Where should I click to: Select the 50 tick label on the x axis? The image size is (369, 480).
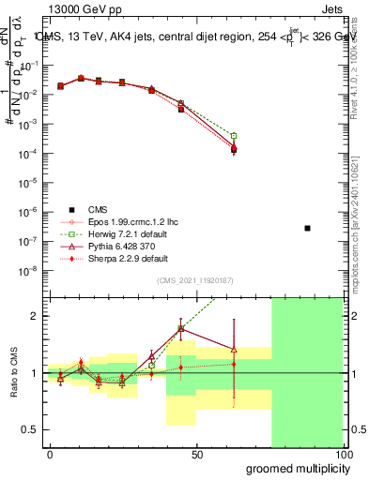[196, 455]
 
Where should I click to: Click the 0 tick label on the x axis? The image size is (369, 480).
[50, 455]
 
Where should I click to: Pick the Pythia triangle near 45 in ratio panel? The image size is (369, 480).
[181, 329]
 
